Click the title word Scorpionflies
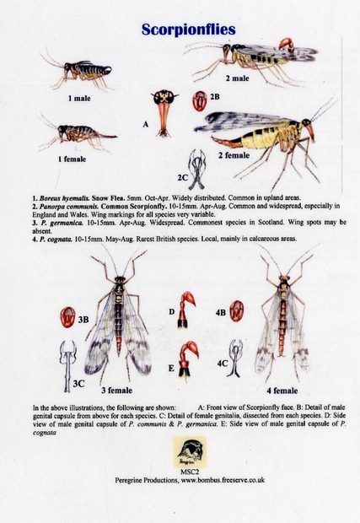click(x=180, y=29)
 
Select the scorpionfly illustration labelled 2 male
click(x=253, y=58)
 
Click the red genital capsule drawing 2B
click(x=200, y=102)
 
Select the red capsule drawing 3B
click(x=67, y=317)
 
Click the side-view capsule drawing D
click(x=191, y=310)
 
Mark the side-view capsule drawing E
click(x=191, y=359)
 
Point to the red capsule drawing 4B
click(x=237, y=310)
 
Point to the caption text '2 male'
click(x=237, y=78)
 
